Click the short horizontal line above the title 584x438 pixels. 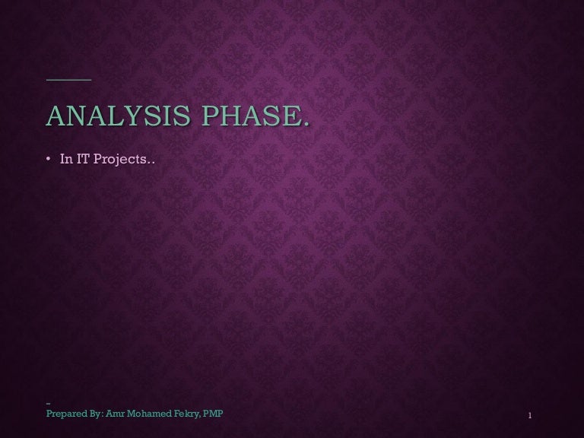[x=68, y=79]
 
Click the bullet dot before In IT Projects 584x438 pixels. [x=48, y=160]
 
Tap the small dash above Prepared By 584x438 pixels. [x=48, y=403]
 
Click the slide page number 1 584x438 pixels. [x=528, y=416]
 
